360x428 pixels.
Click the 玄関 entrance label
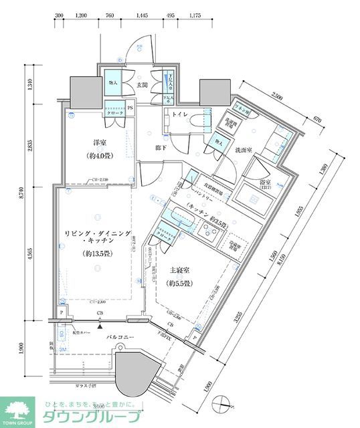[x=142, y=85]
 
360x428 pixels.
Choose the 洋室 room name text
[x=100, y=142]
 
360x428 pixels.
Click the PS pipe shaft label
[x=130, y=107]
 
